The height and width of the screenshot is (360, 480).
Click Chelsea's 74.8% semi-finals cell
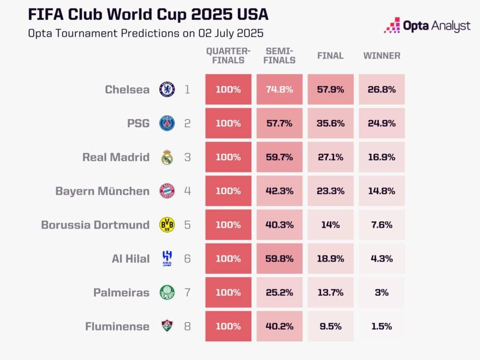click(x=279, y=89)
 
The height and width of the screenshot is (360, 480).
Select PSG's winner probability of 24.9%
click(x=382, y=123)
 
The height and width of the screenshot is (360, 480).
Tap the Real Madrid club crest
click(x=167, y=157)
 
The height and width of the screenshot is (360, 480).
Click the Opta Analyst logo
click(x=427, y=25)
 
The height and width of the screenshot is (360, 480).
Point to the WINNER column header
click(x=382, y=56)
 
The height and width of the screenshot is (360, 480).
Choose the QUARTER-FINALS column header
click(x=228, y=56)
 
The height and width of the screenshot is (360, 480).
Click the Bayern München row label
click(x=102, y=191)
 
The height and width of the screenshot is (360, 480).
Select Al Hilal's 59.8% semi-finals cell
click(x=279, y=259)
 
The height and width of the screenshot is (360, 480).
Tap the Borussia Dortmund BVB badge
click(x=167, y=225)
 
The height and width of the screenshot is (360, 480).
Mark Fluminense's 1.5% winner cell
click(x=382, y=326)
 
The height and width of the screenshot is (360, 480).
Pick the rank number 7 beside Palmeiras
click(x=187, y=292)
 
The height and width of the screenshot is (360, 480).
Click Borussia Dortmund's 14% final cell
click(x=330, y=225)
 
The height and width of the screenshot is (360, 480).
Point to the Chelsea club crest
click(x=167, y=89)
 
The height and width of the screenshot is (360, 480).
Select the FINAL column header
click(x=330, y=56)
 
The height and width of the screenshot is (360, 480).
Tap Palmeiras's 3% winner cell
click(x=382, y=292)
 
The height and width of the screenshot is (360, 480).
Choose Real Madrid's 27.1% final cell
click(x=330, y=157)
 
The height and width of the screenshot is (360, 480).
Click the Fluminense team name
click(x=117, y=326)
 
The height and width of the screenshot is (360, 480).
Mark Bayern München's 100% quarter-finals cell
click(x=228, y=191)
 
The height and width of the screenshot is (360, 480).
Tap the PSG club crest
click(x=167, y=123)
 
